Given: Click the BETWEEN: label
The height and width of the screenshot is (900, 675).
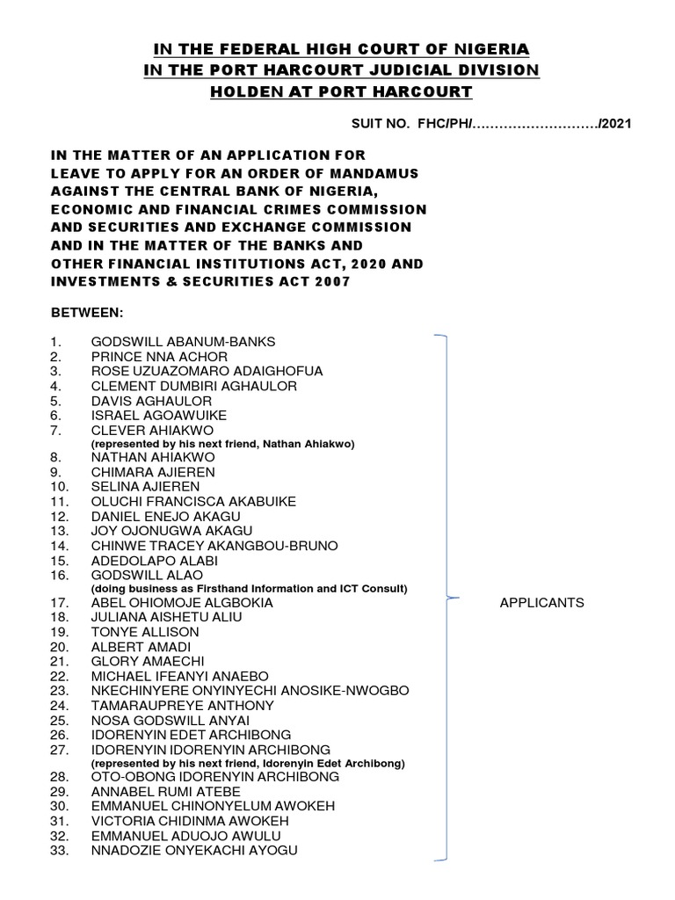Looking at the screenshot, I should point(81,312).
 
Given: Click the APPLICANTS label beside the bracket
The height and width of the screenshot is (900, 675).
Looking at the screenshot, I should point(541,603).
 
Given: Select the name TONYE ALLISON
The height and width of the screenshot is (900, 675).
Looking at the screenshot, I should point(145,632).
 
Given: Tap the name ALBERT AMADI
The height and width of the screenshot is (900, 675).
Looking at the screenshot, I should point(141,647).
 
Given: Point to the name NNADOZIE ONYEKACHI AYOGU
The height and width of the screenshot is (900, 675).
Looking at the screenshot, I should point(194,850).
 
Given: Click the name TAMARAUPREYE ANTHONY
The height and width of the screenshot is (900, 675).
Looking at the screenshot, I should point(182,706).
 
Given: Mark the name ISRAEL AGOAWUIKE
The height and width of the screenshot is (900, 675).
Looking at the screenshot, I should point(158,415).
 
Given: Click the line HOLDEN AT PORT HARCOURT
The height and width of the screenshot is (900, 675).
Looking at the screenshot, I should point(341,91).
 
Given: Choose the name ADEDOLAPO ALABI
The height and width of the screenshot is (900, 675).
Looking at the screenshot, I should point(154,560).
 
